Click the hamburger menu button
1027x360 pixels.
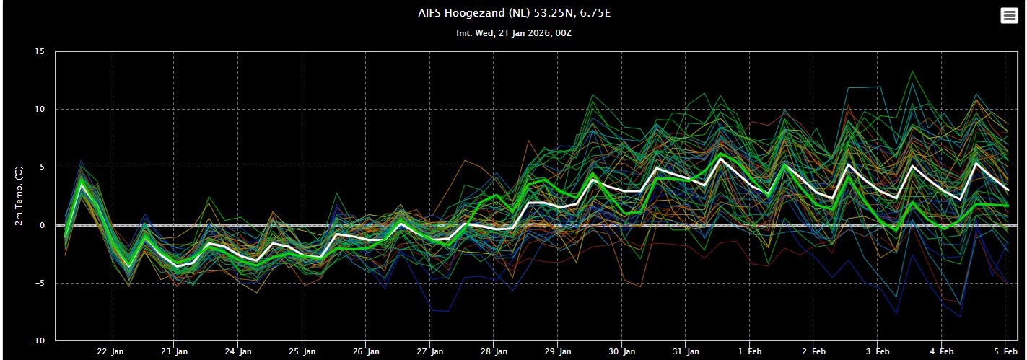[x=1009, y=16]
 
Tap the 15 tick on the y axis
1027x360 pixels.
[x=40, y=52]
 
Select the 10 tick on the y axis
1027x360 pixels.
[x=40, y=110]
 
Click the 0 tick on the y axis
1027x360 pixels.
[x=43, y=225]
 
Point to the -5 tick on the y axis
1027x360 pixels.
[x=40, y=283]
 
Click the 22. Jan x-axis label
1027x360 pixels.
[x=110, y=351]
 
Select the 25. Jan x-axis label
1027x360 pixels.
[x=302, y=351]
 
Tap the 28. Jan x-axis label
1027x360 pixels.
[x=494, y=351]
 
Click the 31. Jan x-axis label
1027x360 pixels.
[x=686, y=351]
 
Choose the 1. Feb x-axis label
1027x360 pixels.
[x=751, y=351]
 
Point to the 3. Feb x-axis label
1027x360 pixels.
[x=878, y=351]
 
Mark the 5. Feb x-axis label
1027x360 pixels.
[x=1006, y=351]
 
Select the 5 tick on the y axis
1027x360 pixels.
[x=43, y=167]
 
